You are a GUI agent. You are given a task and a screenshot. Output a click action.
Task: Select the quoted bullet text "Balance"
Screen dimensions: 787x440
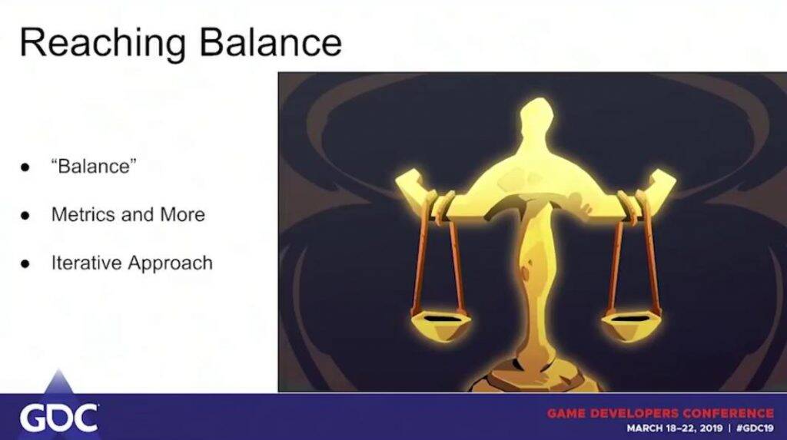point(94,166)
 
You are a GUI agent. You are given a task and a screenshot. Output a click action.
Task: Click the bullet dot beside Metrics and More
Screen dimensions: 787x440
point(25,216)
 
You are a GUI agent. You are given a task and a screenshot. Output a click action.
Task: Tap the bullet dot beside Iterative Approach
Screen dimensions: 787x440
point(25,264)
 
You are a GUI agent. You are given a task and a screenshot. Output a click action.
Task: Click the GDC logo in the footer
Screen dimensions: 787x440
point(58,417)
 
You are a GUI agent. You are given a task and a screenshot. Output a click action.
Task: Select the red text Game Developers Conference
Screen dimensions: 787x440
point(660,413)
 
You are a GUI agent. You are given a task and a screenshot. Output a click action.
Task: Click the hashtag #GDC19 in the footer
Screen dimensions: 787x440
point(755,428)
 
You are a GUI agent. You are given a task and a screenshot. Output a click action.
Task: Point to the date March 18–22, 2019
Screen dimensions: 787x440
point(674,428)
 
